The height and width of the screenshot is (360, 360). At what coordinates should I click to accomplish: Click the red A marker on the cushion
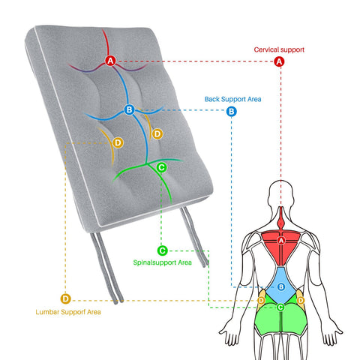110,61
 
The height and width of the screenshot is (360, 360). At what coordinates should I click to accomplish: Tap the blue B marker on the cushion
129,109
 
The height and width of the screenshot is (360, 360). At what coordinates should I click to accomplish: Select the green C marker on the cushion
161,167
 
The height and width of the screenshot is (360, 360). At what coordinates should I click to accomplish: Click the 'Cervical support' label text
279,49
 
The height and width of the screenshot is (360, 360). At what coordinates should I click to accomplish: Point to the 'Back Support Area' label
232,99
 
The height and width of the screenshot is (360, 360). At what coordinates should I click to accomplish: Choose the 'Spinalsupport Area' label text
163,262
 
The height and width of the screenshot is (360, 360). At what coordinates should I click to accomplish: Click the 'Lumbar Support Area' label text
68,312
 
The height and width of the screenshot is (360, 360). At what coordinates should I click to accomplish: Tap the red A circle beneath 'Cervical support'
279,61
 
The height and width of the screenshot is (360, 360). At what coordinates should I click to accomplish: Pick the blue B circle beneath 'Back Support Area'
232,111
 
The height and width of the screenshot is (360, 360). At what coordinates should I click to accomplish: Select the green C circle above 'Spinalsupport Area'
162,250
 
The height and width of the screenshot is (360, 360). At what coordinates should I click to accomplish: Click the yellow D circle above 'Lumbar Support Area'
65,298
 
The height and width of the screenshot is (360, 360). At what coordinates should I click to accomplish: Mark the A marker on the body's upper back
281,241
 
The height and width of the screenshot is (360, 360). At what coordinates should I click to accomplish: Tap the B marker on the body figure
281,286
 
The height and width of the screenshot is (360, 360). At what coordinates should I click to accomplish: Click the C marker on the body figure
280,307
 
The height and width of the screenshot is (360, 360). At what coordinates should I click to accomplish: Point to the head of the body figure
280,193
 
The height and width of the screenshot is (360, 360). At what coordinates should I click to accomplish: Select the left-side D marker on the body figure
261,300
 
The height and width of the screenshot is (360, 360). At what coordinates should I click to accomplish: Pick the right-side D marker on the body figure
301,300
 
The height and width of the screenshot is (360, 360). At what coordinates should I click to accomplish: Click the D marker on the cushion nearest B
157,134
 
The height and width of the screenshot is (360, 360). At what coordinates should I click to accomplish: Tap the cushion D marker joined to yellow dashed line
118,143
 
